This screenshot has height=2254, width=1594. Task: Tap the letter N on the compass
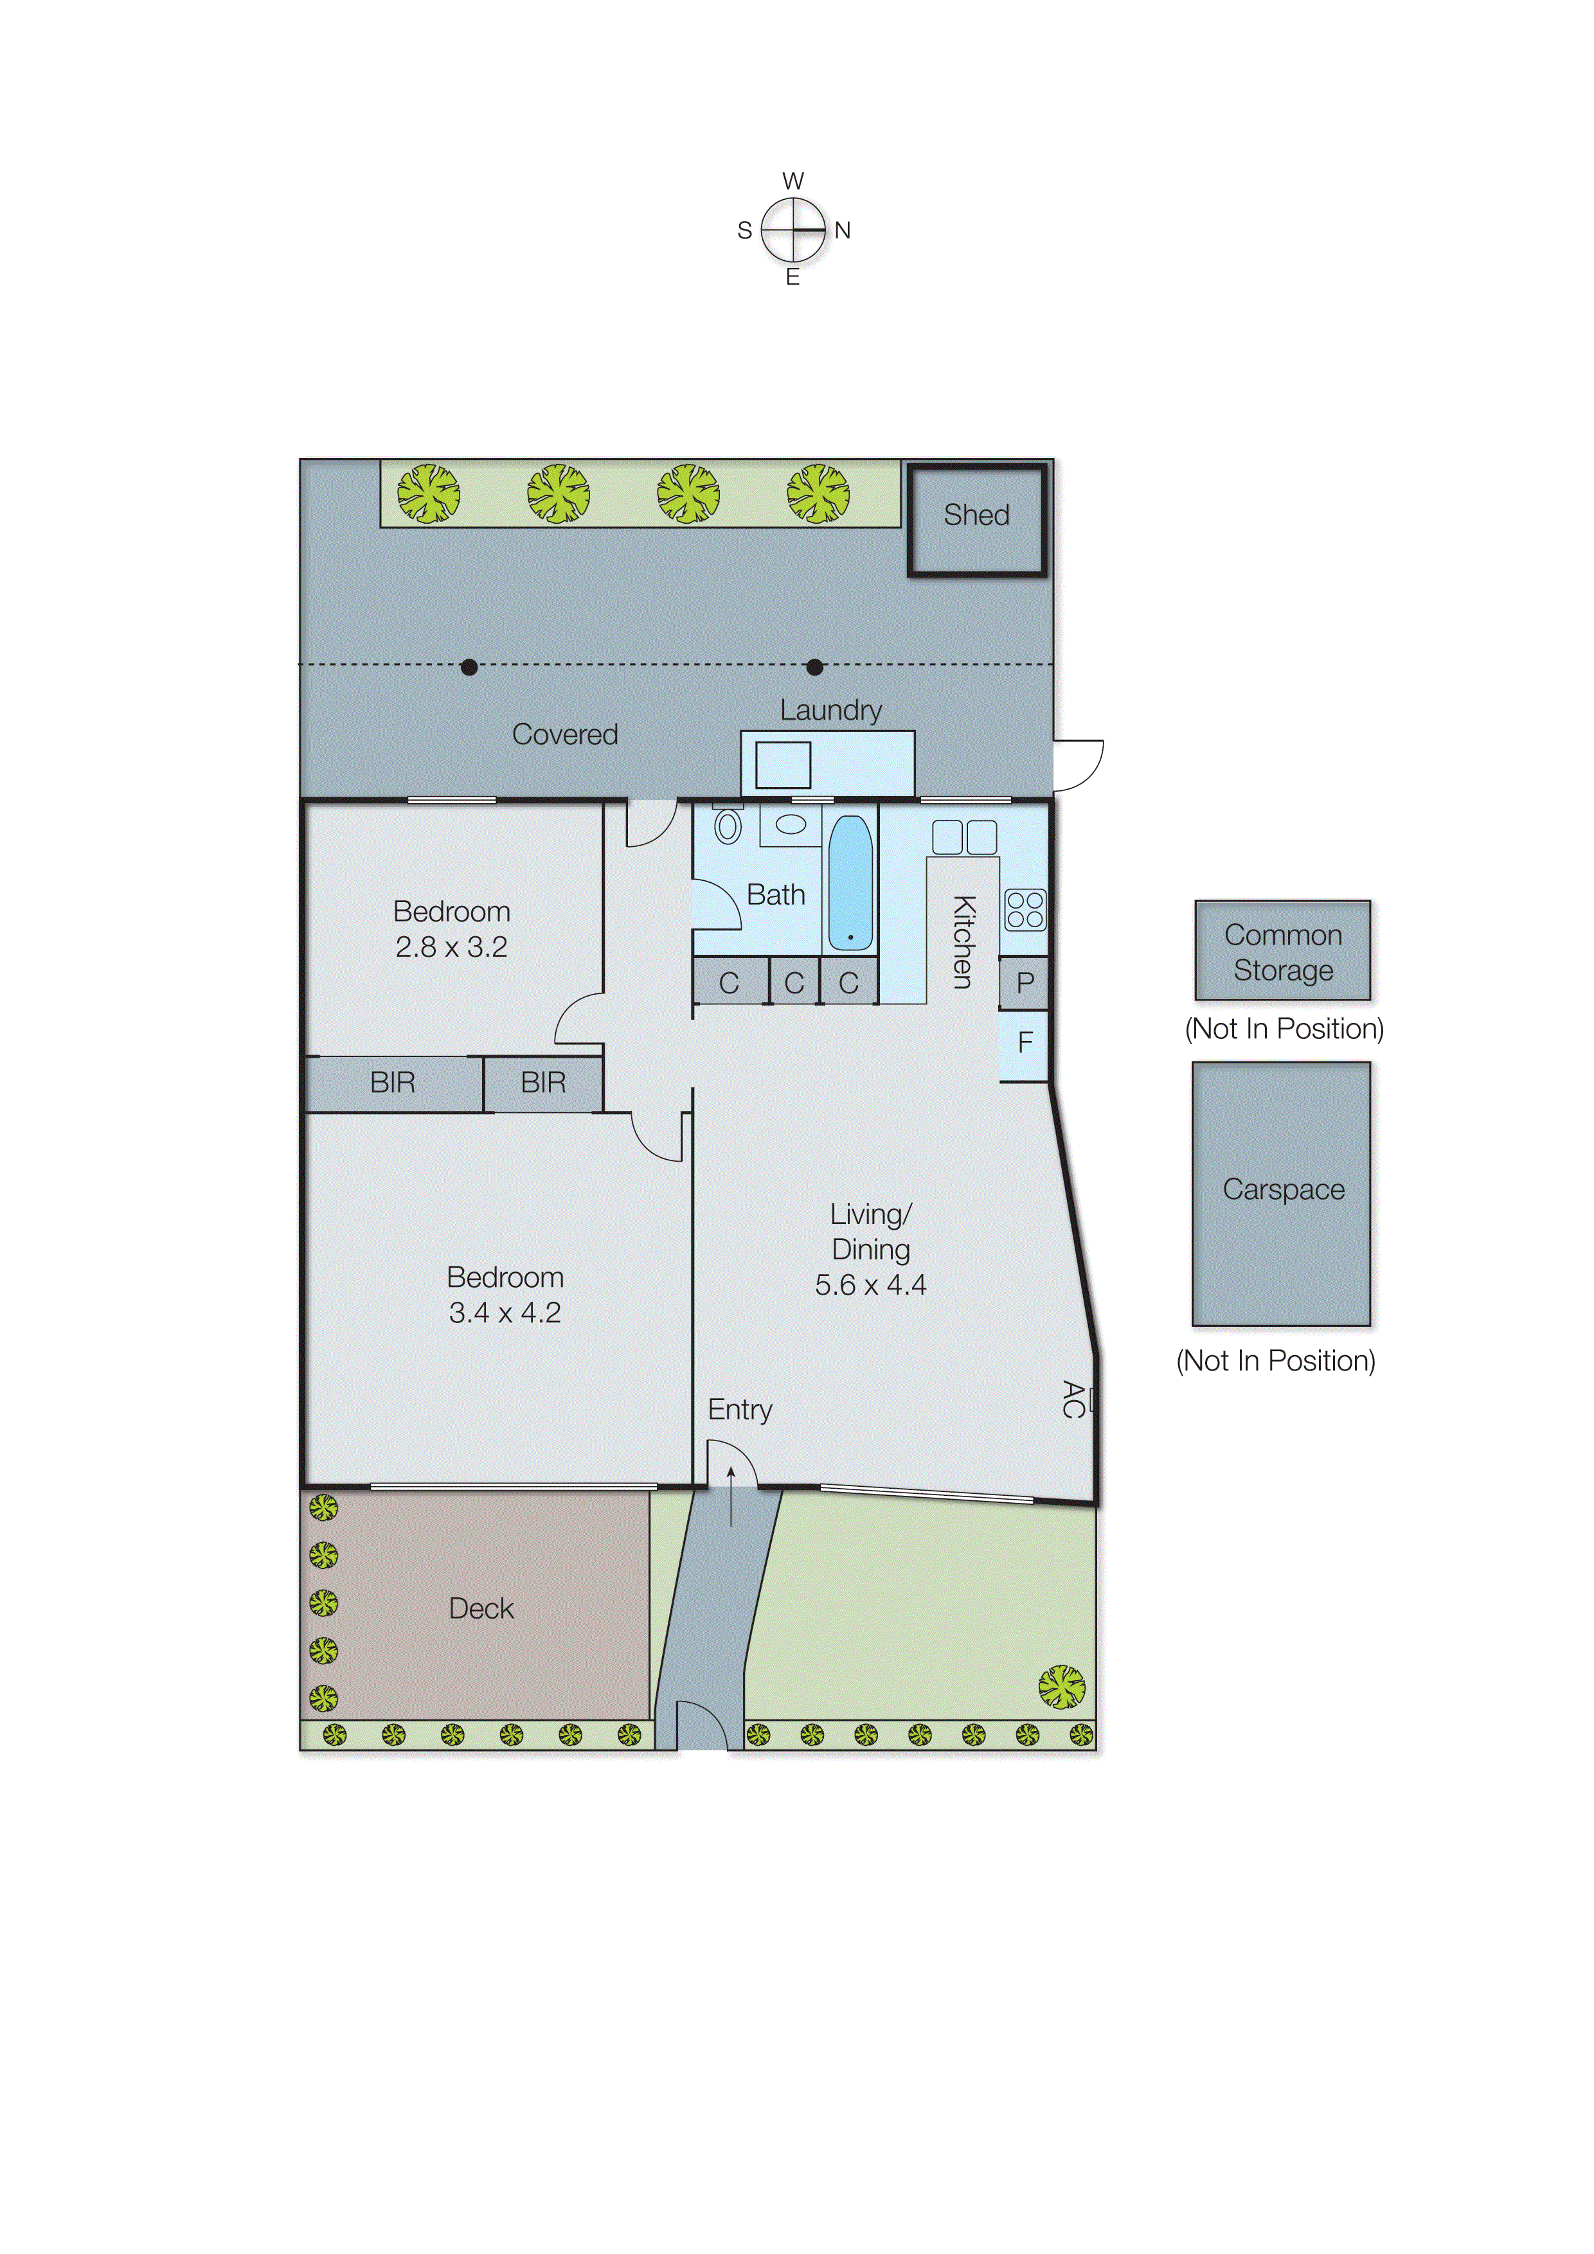(842, 231)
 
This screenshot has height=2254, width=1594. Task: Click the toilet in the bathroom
(727, 826)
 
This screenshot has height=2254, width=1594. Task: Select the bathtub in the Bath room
(850, 883)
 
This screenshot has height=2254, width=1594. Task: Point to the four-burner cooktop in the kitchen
(1025, 909)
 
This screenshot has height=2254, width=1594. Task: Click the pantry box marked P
(1025, 982)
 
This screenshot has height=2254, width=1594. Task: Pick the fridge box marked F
(1025, 1043)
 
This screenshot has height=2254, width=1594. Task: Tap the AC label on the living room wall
(1073, 1399)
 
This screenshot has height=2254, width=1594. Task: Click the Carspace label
(1283, 1190)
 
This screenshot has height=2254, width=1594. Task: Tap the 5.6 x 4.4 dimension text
(870, 1285)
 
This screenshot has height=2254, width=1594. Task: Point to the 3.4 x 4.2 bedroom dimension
(505, 1313)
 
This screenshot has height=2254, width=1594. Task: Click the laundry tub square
(783, 765)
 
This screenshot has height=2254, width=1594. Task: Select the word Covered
(565, 734)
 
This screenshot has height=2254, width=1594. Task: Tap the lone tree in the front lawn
(1062, 1687)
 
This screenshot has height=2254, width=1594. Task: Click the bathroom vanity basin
(791, 824)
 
